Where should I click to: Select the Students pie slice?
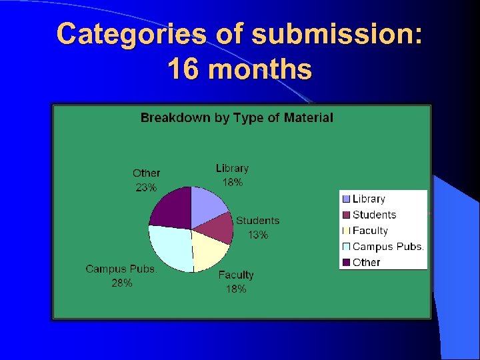[x=217, y=227]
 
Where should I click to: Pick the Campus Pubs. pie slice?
[x=171, y=247]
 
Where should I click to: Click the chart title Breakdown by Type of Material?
[x=237, y=118]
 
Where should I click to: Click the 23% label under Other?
[x=147, y=188]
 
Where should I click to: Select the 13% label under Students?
[x=258, y=235]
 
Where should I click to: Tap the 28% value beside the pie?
[x=121, y=283]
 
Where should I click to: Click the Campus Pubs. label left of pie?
[x=121, y=269]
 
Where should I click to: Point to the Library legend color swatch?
[x=346, y=199]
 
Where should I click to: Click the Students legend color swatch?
[x=346, y=215]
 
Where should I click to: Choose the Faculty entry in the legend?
[x=370, y=231]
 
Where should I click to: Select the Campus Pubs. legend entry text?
[x=388, y=247]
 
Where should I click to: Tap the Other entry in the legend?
[x=366, y=263]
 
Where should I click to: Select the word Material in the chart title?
[x=308, y=118]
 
